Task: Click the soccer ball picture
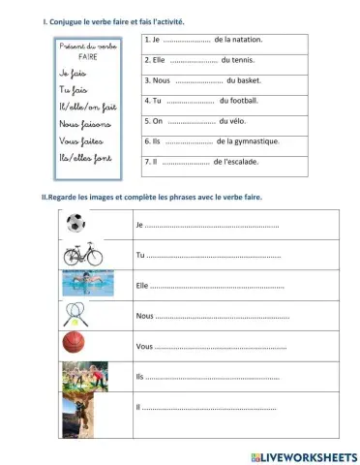[x=75, y=224]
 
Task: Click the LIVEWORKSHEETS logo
[x=303, y=454]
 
